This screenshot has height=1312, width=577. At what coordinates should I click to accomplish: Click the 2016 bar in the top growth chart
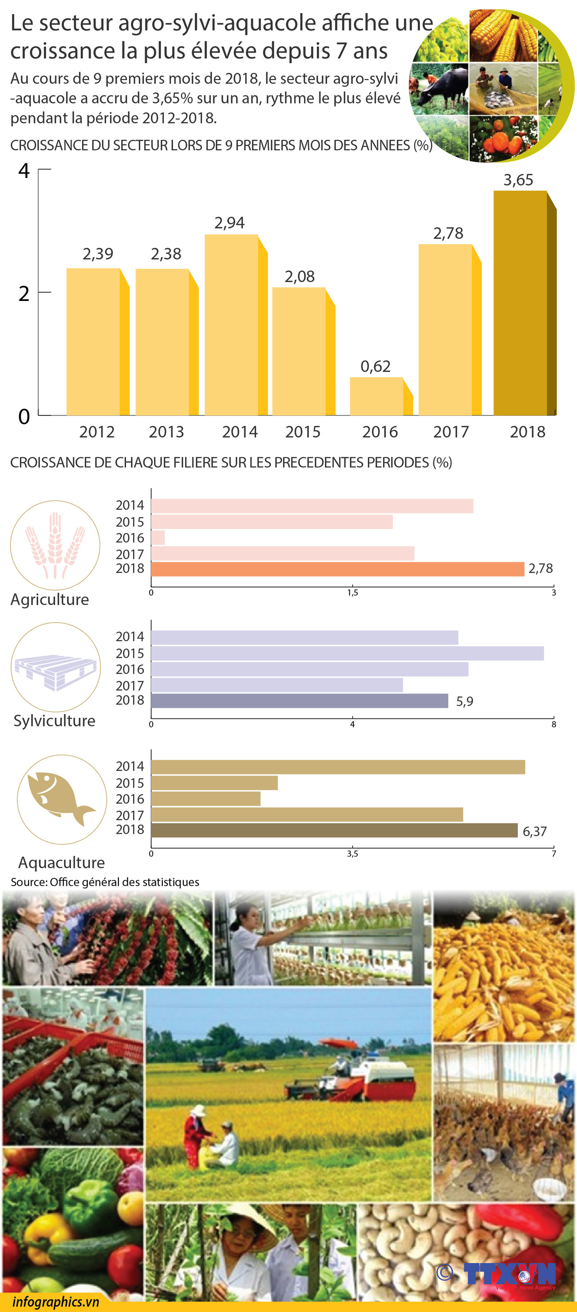376,396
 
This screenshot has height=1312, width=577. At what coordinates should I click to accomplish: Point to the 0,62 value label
375,367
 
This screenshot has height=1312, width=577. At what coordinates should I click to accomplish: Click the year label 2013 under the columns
166,432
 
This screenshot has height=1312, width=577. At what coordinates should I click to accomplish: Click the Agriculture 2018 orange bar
337,569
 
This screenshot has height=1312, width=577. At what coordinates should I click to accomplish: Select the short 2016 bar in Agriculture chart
158,538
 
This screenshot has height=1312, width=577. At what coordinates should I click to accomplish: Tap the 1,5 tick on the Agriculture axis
352,593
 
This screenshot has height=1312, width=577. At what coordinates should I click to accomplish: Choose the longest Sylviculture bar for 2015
348,653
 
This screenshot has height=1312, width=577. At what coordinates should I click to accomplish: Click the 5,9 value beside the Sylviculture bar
464,701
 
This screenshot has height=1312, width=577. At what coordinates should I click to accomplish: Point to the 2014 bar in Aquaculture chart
338,767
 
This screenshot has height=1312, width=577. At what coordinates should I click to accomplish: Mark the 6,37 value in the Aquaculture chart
535,831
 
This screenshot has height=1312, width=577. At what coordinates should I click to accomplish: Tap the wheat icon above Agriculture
55,545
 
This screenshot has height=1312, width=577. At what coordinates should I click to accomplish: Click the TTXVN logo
509,1273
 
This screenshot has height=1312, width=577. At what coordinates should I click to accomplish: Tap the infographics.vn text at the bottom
55,1302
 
